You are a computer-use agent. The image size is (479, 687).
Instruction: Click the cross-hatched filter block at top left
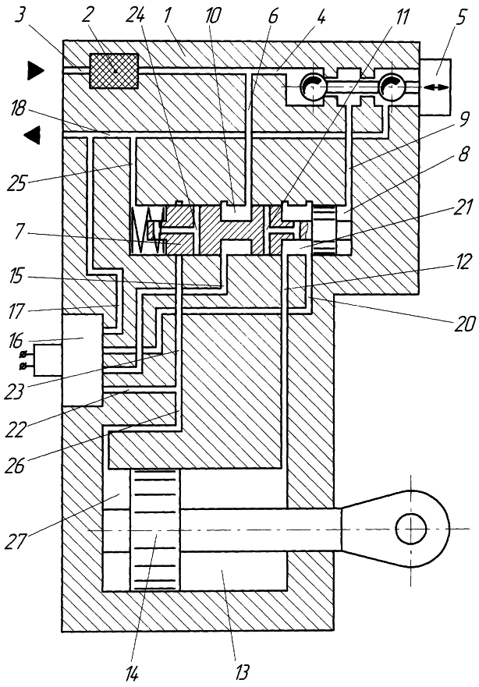click(x=114, y=70)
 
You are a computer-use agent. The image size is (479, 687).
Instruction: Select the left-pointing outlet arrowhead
click(x=32, y=134)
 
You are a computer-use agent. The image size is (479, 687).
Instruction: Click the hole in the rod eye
click(x=411, y=529)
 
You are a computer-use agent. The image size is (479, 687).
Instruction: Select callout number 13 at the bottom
click(x=241, y=671)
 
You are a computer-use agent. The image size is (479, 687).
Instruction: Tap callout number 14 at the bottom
click(x=133, y=672)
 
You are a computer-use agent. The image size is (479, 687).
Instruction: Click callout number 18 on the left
click(x=18, y=108)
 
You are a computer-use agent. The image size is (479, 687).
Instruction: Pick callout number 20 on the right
click(x=463, y=324)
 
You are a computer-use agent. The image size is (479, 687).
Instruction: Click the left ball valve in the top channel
click(x=314, y=88)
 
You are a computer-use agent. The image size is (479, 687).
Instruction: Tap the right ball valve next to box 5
click(x=392, y=88)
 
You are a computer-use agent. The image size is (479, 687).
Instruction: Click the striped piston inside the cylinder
click(x=155, y=529)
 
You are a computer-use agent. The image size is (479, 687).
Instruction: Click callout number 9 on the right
click(x=464, y=119)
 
